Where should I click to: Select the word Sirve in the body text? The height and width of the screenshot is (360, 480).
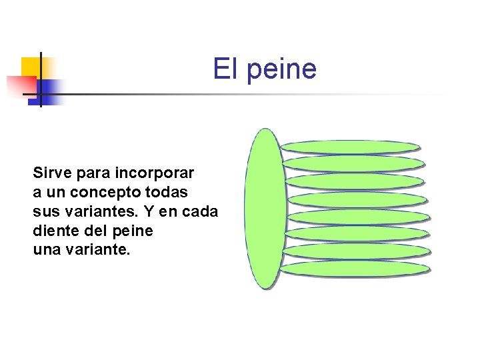pos(51,173)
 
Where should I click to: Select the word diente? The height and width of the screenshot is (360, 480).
pos(53,231)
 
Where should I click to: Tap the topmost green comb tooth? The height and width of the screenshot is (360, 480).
pos(349,147)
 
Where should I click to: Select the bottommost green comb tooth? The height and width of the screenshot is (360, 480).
pos(354,268)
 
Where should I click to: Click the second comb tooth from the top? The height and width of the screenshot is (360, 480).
pos(353,163)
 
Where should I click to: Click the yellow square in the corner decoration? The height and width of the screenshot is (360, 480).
pos(31,67)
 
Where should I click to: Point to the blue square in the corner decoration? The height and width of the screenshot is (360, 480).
pos(49,89)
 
